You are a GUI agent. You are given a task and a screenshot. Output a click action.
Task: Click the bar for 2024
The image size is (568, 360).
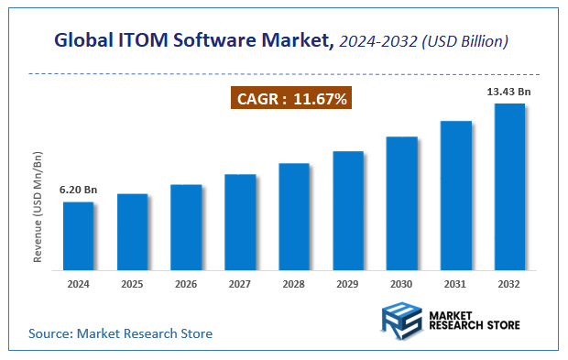click(x=78, y=236)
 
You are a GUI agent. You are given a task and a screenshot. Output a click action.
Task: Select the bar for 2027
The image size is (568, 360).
click(x=240, y=223)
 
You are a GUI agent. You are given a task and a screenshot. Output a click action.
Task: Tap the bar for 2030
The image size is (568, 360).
click(x=402, y=203)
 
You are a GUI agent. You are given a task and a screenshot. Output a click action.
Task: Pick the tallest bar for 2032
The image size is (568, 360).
click(x=509, y=187)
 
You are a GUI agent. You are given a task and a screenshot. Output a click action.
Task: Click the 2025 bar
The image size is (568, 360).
click(x=132, y=233)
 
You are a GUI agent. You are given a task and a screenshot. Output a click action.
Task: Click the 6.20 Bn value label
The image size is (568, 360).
click(x=78, y=190)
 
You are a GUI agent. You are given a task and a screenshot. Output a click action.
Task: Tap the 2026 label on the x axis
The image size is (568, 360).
click(x=186, y=285)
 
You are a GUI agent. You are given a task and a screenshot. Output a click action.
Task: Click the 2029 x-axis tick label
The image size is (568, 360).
click(x=348, y=285)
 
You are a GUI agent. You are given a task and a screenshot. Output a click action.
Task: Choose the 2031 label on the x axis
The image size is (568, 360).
click(x=455, y=285)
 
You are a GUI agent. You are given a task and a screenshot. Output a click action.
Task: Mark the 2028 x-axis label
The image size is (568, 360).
click(x=294, y=285)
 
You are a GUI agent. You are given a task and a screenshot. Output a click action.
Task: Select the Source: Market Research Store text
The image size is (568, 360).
click(x=120, y=333)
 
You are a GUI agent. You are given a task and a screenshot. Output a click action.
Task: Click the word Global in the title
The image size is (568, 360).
click(x=78, y=40)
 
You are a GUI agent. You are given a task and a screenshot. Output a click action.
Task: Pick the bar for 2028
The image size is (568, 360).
click(x=294, y=217)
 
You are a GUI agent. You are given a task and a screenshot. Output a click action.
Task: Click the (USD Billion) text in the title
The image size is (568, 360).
click(x=467, y=40)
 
